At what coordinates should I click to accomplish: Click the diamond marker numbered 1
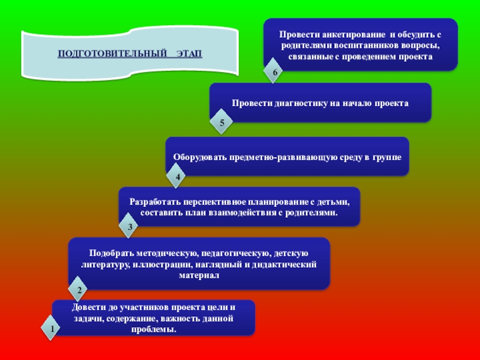[x=51, y=329]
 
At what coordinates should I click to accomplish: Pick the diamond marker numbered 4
[x=177, y=177]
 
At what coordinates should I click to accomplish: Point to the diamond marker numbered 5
[x=221, y=123]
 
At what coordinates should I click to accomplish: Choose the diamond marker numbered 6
[x=275, y=73]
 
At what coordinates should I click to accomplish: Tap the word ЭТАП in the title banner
[x=190, y=55]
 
